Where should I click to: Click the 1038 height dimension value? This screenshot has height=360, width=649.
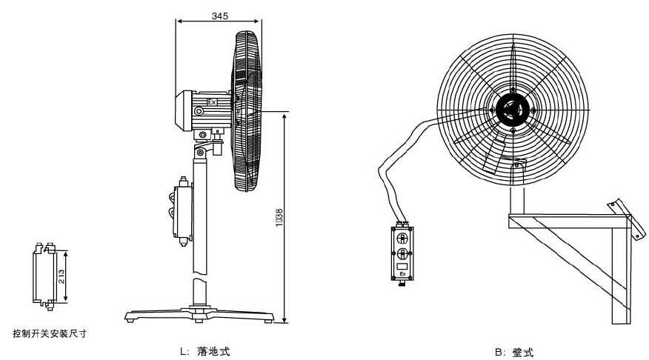point(279,217)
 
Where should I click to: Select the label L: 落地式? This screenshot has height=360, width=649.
point(204,351)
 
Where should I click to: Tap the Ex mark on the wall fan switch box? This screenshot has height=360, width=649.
point(402,274)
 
